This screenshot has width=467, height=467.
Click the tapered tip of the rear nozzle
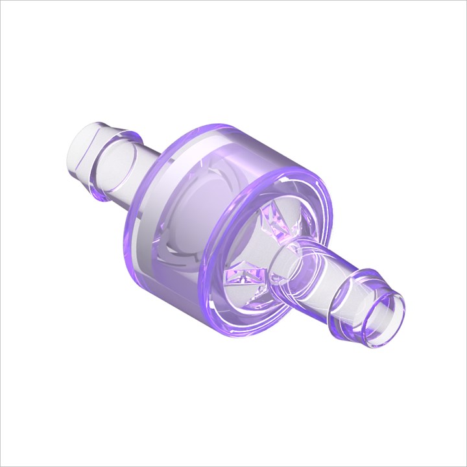[x=81, y=146]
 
